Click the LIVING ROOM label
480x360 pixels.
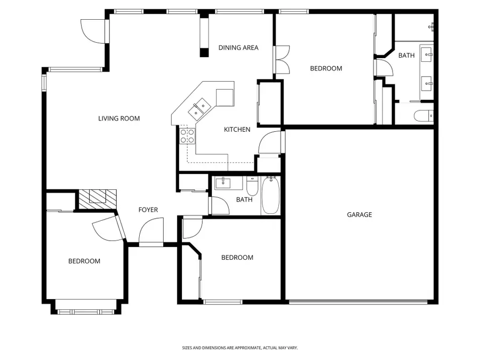[119, 118]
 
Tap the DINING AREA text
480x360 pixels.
[238, 47]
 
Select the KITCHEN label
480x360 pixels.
[237, 130]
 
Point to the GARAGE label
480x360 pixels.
[359, 215]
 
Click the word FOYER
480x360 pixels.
[148, 210]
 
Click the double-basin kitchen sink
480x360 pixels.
[200, 108]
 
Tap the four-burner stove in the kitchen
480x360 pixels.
[187, 135]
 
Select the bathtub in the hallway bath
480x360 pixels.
[270, 196]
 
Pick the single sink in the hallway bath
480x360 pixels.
[223, 183]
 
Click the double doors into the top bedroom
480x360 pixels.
[281, 60]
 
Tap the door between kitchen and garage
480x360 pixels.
[269, 142]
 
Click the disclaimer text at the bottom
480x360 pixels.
[239, 348]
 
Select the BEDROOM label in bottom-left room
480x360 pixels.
[84, 261]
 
